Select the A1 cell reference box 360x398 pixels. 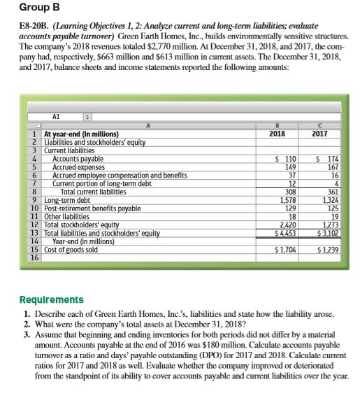pyautogui.click(x=57, y=119)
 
